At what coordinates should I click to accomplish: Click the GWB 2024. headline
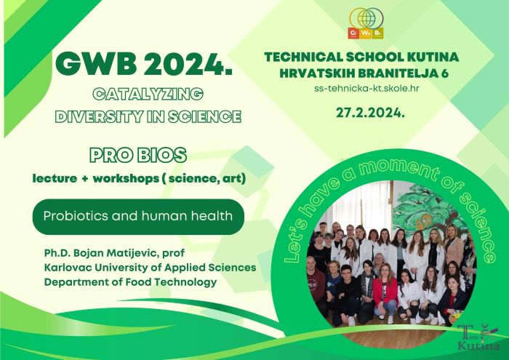pos(144,64)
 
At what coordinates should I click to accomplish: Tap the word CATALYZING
pos(148,94)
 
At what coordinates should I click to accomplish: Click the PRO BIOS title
pos(138,155)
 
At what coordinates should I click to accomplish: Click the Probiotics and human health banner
pos(138,217)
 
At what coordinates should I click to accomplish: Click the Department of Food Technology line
pos(130,282)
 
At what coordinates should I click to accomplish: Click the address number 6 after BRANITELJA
pos(445,73)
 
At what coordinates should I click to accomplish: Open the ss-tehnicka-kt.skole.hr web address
pos(366,88)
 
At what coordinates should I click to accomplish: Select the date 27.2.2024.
pos(370,113)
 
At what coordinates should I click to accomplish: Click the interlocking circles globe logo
pos(366,18)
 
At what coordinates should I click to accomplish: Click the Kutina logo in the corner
pos(478,337)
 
